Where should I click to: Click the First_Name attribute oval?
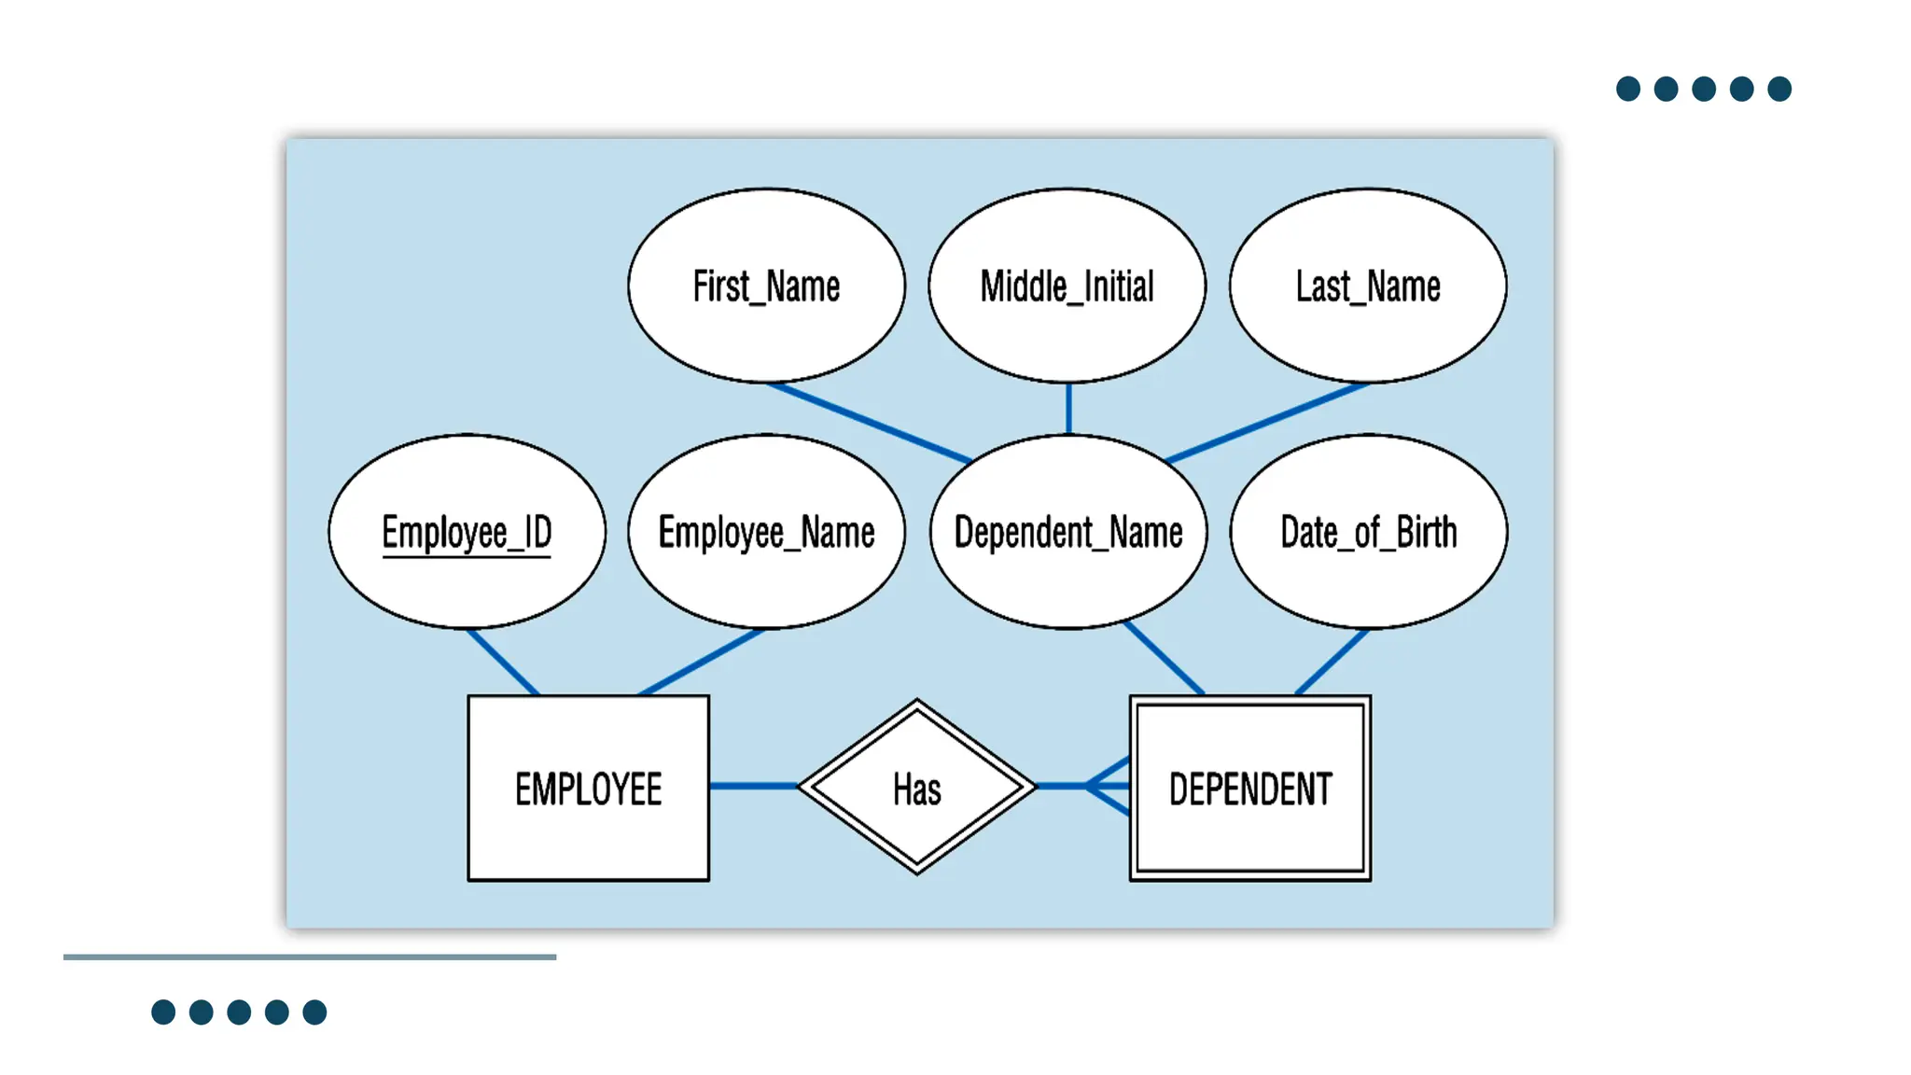coord(766,286)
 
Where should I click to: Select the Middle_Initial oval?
coord(1067,286)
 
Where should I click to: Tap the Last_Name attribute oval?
coord(1367,286)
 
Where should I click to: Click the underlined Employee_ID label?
coord(467,533)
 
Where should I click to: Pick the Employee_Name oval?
coord(766,532)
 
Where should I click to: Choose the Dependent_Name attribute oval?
coord(1068,532)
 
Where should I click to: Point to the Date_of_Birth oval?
coord(1368,532)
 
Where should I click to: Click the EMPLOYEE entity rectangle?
coord(588,789)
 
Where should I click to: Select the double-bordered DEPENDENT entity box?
coord(1250,789)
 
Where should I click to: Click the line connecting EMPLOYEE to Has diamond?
coord(753,786)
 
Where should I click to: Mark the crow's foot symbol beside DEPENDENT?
coord(1109,787)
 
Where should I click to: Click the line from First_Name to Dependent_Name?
coord(868,422)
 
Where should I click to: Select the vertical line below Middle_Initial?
coord(1068,408)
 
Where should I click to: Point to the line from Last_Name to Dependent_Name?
coord(1267,422)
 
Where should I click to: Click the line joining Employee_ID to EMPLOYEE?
coord(503,662)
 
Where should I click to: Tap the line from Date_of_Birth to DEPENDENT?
coord(1332,662)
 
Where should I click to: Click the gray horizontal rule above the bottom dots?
coord(310,956)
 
